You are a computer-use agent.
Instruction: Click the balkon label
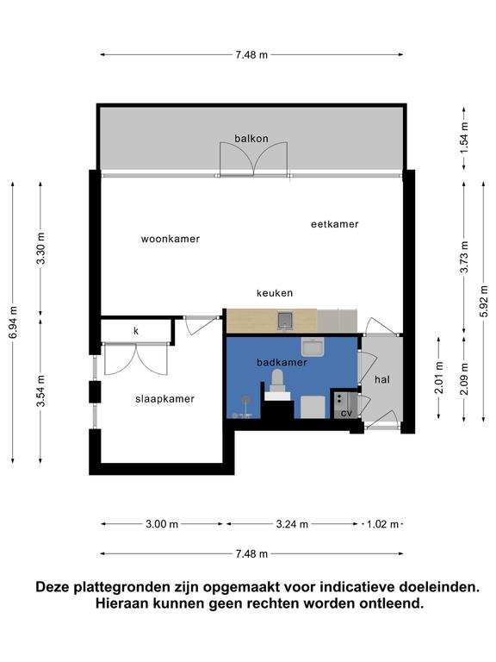point(251,139)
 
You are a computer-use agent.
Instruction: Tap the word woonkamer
point(170,239)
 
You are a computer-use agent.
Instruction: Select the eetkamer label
point(335,224)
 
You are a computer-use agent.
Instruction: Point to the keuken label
point(275,293)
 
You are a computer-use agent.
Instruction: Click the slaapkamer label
point(165,399)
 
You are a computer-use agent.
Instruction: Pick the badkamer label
point(282,362)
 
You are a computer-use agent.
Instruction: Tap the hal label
point(382,379)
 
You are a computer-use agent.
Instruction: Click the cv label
point(346,414)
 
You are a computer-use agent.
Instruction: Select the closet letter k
point(136,331)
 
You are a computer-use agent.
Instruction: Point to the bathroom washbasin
point(312,347)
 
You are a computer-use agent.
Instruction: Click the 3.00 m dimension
point(162,524)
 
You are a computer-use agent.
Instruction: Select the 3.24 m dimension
point(292,524)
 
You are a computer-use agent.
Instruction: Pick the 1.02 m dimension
point(382,524)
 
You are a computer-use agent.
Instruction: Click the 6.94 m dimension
point(13,322)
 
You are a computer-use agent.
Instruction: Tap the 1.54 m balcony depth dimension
point(464,138)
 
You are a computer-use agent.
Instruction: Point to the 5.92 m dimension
point(484,302)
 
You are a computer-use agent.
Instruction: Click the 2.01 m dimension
point(439,378)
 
